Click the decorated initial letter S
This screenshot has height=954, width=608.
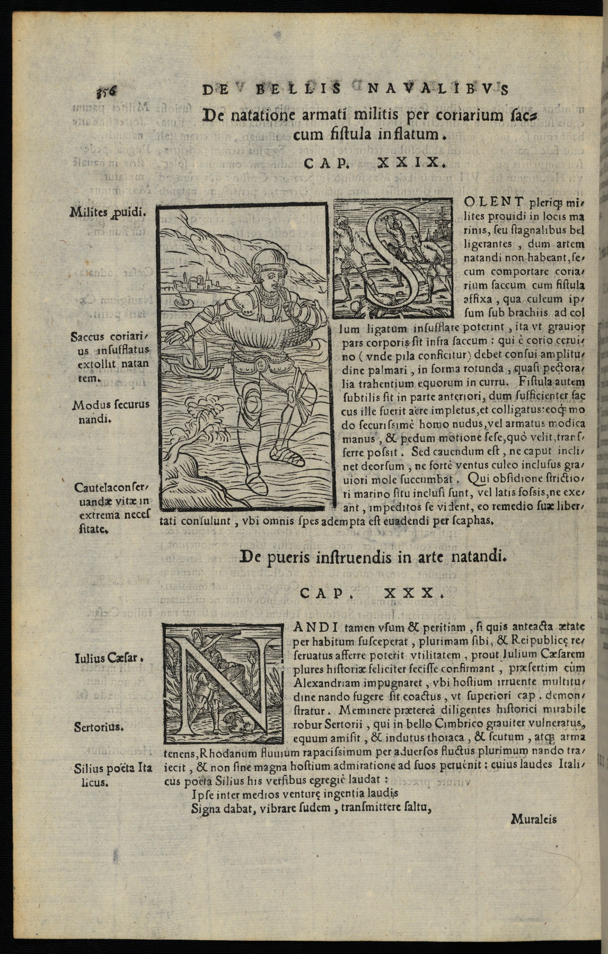click(393, 258)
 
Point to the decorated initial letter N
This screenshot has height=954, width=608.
click(224, 683)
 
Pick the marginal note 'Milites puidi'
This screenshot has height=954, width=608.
click(107, 213)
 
